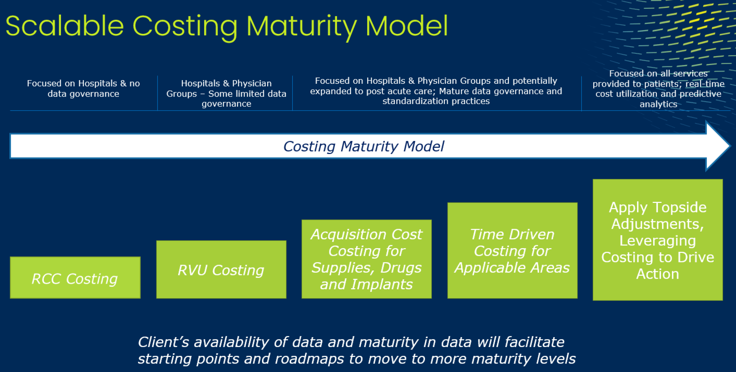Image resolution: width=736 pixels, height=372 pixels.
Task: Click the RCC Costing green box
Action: (x=75, y=278)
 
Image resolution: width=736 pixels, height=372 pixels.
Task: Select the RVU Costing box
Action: (x=221, y=269)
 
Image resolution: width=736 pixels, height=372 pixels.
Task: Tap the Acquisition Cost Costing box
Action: (x=367, y=259)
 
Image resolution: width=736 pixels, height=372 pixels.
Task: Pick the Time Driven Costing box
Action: (x=512, y=250)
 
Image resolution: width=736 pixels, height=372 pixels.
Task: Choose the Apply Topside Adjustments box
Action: (x=658, y=240)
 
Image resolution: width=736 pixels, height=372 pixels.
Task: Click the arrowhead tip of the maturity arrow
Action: (x=729, y=146)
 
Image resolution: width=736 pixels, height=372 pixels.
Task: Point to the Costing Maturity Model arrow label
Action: (x=364, y=146)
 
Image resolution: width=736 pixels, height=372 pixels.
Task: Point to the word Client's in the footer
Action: (x=163, y=342)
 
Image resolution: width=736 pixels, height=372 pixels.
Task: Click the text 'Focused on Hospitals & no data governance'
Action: (x=84, y=89)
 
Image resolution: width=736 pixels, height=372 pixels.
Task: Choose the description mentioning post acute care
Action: (x=436, y=91)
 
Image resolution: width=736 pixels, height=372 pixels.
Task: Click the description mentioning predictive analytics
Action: (x=658, y=89)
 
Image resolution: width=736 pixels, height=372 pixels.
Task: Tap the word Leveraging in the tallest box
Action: (x=658, y=241)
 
